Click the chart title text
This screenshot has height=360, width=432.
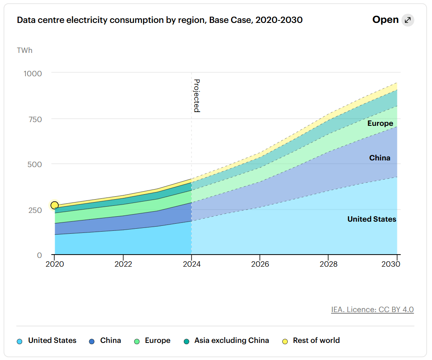point(159,20)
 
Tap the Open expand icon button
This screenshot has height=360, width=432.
point(407,20)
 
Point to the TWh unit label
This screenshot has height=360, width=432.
point(25,50)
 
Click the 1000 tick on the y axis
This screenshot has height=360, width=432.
point(33,73)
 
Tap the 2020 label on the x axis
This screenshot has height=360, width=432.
point(55,264)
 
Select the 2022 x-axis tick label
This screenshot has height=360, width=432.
point(123,264)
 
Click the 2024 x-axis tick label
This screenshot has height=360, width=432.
point(191,264)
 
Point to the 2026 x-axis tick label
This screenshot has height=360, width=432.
point(260,264)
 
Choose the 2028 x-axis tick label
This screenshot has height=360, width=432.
point(328,264)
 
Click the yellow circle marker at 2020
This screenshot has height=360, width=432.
point(55,205)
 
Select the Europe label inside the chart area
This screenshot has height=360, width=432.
point(380,123)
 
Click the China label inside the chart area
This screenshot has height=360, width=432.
point(379,158)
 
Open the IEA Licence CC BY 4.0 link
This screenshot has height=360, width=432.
point(372,310)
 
